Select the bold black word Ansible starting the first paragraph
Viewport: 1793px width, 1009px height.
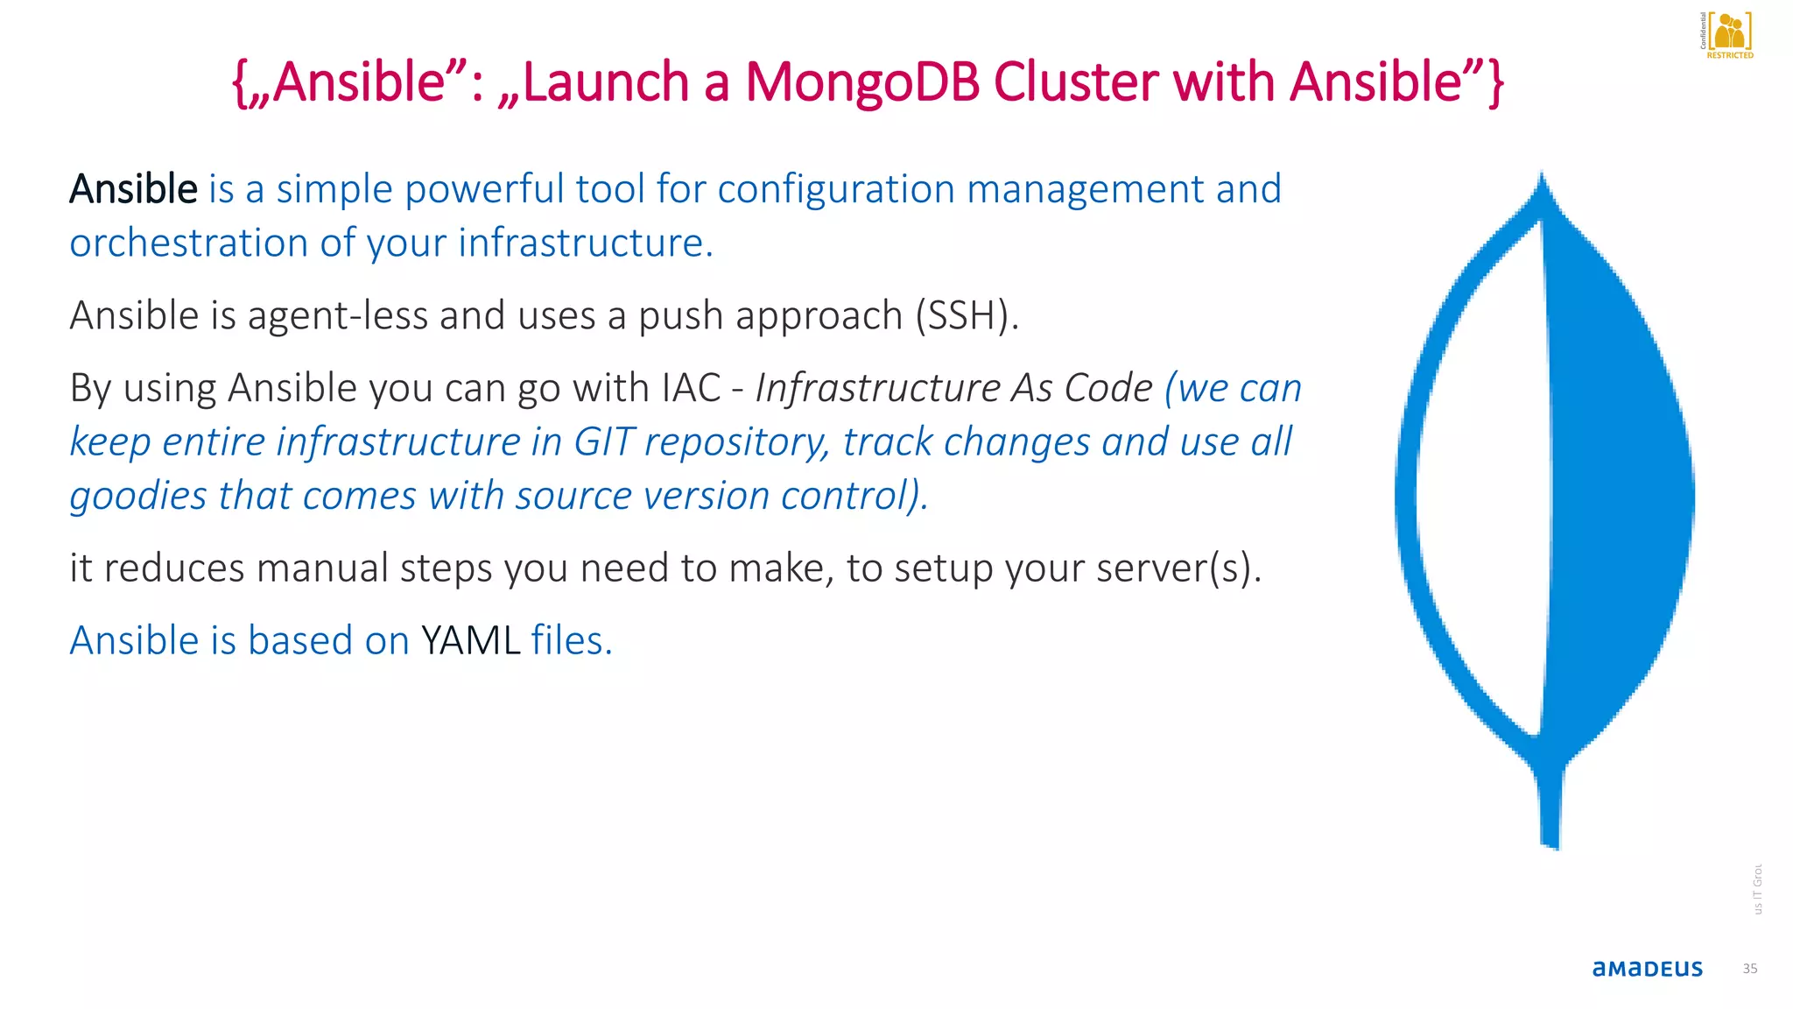tap(134, 189)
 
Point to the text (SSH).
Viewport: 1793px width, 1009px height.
tap(967, 315)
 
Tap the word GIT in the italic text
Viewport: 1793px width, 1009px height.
tap(603, 442)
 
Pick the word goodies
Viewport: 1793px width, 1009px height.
tap(138, 497)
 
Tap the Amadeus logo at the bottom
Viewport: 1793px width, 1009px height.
tap(1647, 968)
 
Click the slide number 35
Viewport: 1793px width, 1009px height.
tap(1749, 969)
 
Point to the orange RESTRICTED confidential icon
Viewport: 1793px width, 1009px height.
tap(1728, 35)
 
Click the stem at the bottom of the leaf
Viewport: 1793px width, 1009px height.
tap(1550, 806)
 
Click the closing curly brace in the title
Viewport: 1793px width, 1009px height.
tap(1495, 83)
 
